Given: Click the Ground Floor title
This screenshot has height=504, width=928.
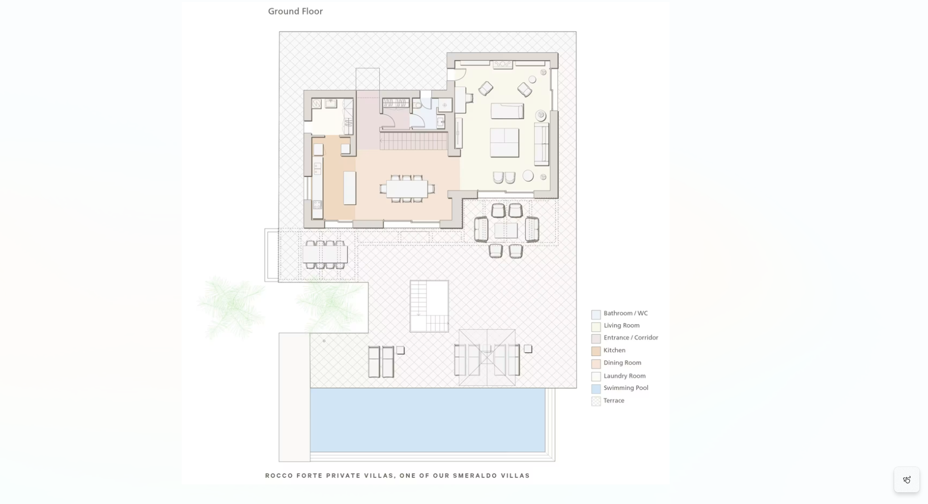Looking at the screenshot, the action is [x=295, y=11].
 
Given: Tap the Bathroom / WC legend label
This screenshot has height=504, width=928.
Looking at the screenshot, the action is [x=626, y=313].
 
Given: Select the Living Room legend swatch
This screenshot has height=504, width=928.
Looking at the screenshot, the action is [x=596, y=327].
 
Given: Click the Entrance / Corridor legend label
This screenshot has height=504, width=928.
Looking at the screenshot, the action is [x=631, y=337].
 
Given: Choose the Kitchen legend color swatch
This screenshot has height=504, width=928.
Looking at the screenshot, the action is [x=596, y=351].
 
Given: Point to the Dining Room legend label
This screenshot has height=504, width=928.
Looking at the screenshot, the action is [x=623, y=363].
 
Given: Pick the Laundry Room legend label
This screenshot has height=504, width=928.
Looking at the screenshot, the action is [x=625, y=376].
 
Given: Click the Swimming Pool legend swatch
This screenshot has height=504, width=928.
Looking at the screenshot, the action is [x=596, y=389].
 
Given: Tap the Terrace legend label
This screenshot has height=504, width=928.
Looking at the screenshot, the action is [x=614, y=400].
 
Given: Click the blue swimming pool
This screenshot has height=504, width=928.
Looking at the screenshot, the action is [x=428, y=420].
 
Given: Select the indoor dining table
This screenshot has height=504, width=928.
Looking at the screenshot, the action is [x=407, y=189].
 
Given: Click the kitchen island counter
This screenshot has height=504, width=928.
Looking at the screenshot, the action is [x=350, y=188].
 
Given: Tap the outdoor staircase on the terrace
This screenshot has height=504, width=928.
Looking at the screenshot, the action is [x=429, y=306].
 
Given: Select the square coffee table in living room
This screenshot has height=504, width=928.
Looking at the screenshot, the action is [x=504, y=142].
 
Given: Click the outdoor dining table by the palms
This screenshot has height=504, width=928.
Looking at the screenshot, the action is [x=325, y=254].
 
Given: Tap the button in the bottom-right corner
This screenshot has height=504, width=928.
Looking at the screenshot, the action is [x=907, y=480].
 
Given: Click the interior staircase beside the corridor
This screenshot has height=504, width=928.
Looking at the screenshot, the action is [x=414, y=141].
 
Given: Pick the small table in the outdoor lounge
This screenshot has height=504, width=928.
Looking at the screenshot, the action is [x=506, y=230].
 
